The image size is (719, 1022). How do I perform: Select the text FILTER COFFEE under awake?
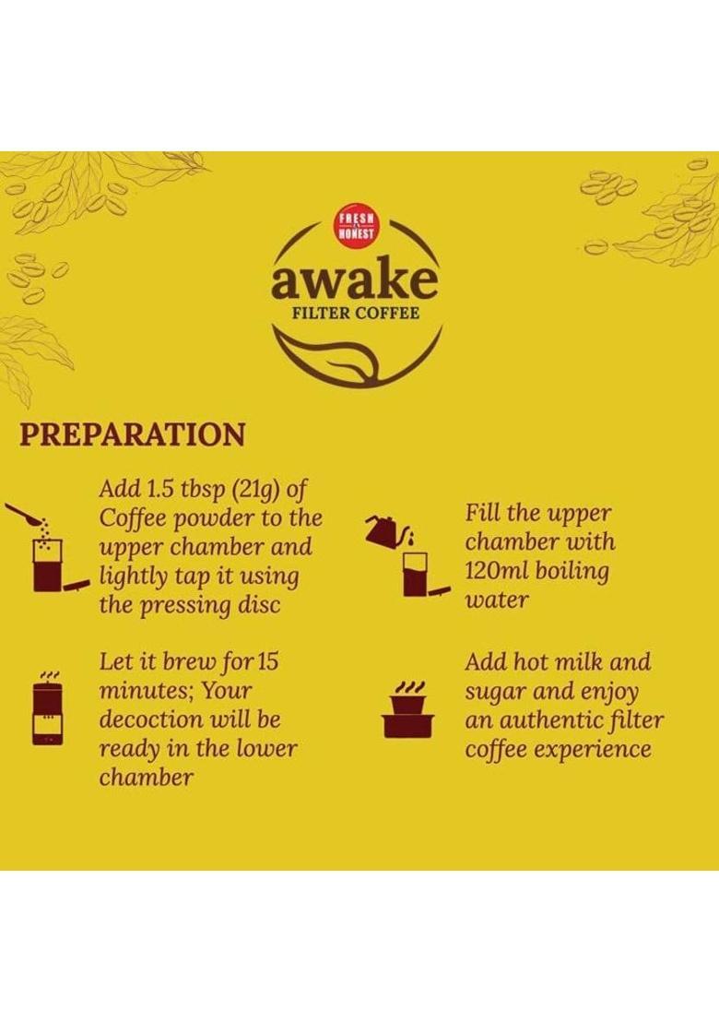pos(355,313)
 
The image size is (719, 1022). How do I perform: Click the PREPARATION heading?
pos(133,434)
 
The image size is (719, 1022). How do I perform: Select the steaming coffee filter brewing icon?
pos(47,708)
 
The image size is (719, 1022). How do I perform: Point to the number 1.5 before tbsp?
pos(163,487)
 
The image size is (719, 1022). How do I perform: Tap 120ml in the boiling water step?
pos(499,570)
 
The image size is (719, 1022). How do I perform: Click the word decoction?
pos(151,719)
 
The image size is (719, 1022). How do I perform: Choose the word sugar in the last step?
pos(497,692)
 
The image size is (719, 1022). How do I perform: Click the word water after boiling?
pos(497,600)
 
